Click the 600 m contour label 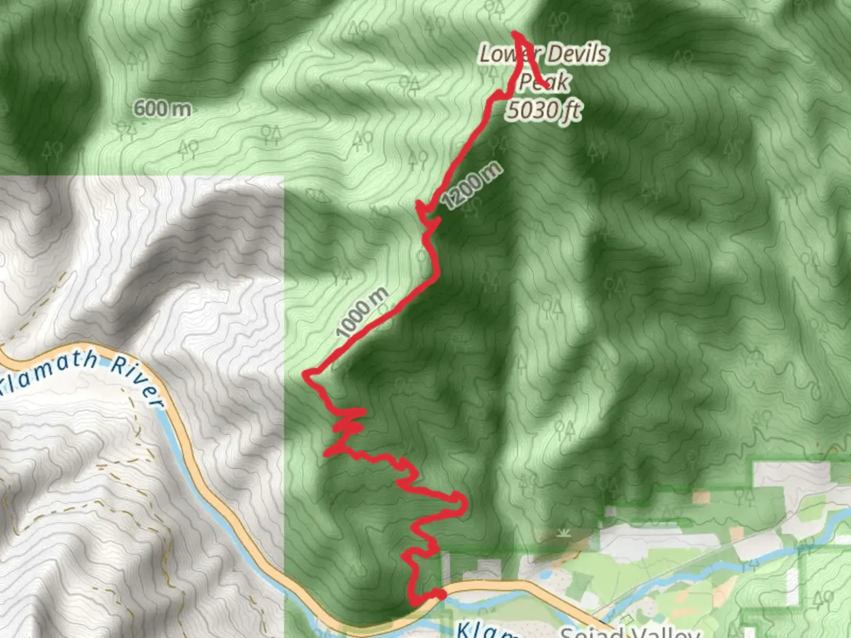coord(162,109)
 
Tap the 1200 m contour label coord(472,185)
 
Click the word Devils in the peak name coord(577,54)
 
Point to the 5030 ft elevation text coord(543,110)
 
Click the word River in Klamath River coord(137,384)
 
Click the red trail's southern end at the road coord(439,594)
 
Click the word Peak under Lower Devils coord(544,82)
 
